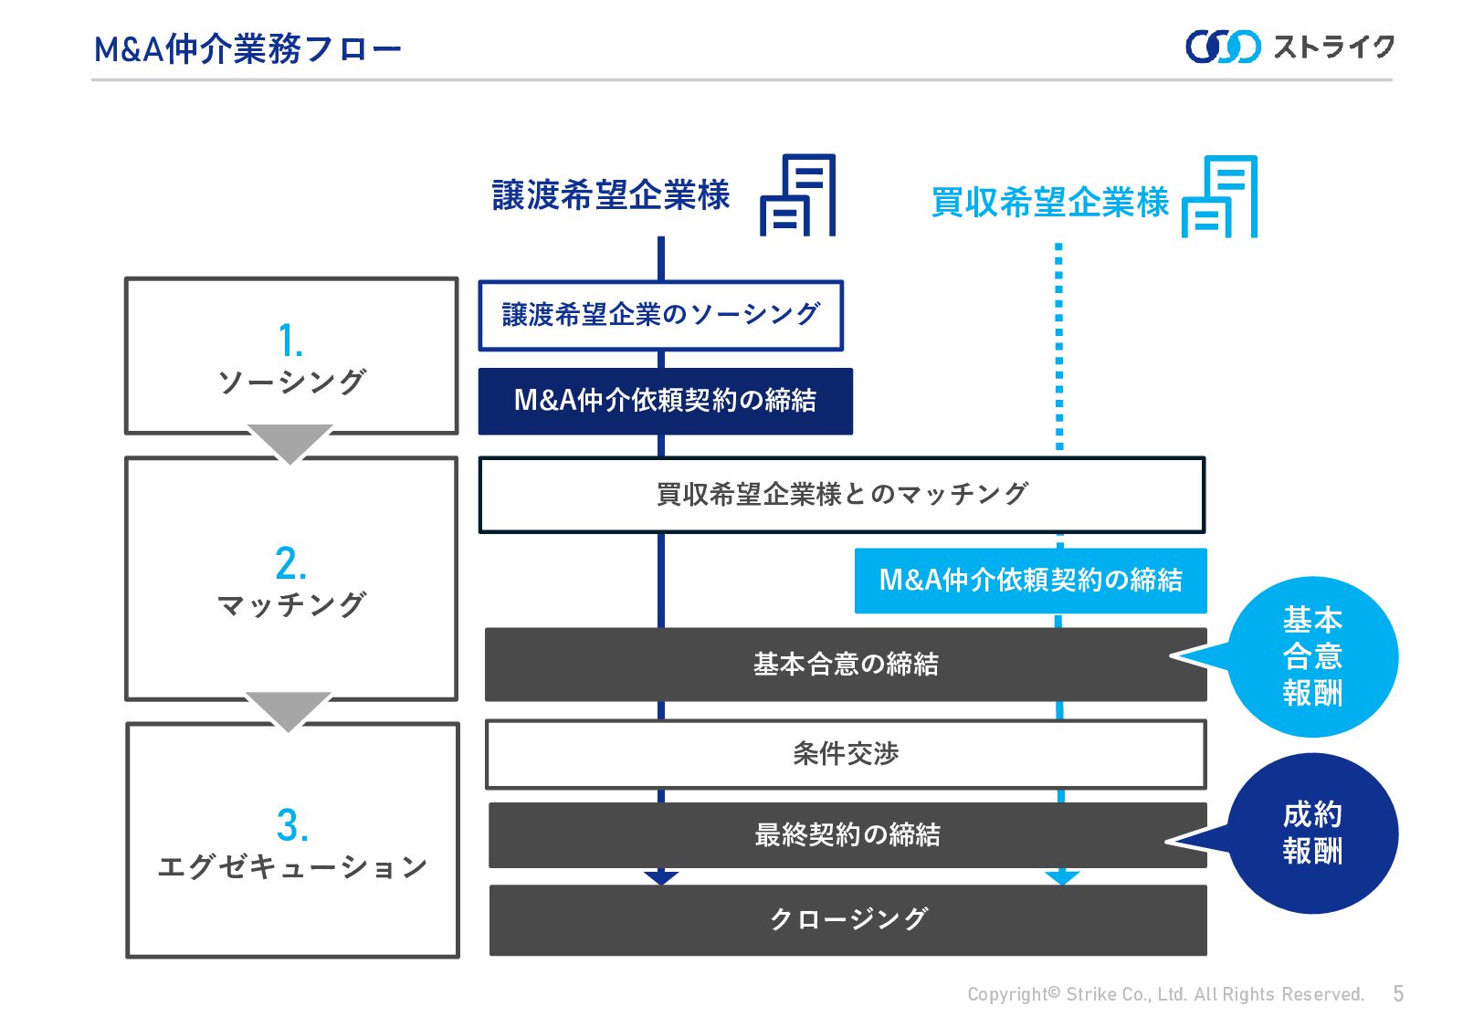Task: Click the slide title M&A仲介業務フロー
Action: coord(247,49)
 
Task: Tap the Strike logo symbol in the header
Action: coord(1222,47)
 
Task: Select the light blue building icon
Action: coord(1219,197)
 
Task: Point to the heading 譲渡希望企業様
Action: coord(611,195)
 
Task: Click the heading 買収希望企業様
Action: coord(1049,202)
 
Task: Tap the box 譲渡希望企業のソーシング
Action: coord(660,315)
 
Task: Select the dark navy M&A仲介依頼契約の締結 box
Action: coord(665,401)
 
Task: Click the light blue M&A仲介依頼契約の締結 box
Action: coord(1030,581)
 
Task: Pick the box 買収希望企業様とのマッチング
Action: coord(841,495)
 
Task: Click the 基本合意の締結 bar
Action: coord(845,665)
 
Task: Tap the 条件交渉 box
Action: coord(845,754)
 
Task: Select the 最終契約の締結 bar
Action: coord(847,835)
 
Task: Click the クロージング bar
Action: coord(847,919)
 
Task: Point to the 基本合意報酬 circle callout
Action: coord(1312,656)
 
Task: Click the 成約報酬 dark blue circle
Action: coord(1312,833)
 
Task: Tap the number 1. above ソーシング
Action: coord(290,341)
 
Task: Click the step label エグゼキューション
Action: coord(292,866)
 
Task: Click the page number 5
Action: coord(1398,993)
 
